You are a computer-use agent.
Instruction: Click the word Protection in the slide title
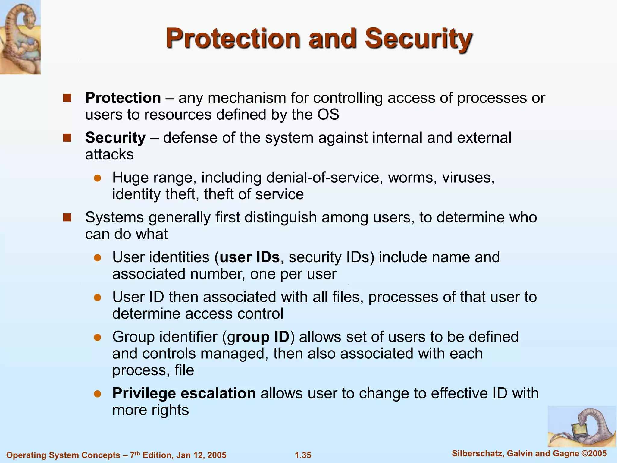233,39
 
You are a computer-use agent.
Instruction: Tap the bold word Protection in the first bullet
123,98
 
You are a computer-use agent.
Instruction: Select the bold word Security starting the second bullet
115,138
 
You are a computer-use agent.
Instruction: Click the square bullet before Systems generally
67,217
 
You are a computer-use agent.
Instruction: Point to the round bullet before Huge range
97,178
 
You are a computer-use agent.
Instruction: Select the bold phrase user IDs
250,257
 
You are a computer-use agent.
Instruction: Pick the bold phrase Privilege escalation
184,393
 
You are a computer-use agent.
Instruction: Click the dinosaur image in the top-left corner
20,37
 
